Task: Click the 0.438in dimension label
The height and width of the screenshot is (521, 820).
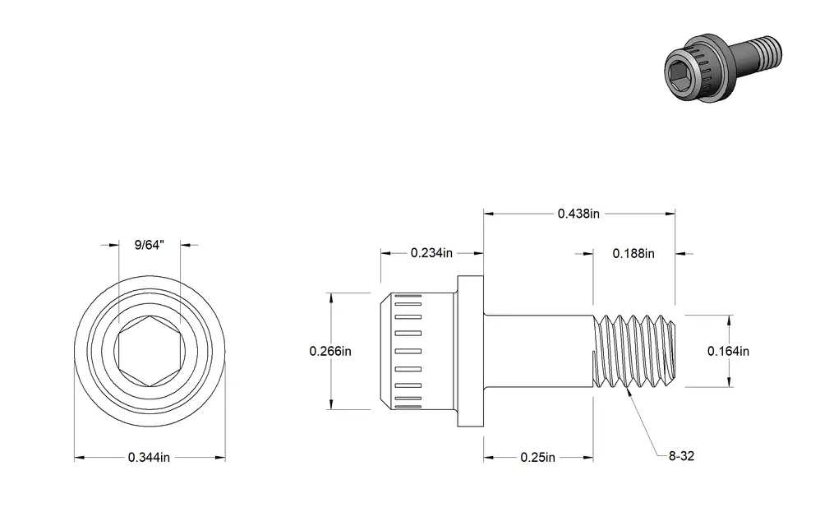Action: tap(578, 214)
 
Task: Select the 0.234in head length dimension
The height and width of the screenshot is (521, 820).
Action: tap(431, 253)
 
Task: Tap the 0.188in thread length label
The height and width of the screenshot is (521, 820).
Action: tap(633, 254)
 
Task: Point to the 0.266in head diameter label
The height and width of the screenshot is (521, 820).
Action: tap(330, 351)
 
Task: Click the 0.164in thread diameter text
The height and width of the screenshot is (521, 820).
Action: tap(728, 351)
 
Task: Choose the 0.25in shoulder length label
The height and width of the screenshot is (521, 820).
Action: tap(537, 458)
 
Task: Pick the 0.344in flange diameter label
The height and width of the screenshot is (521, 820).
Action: tap(149, 458)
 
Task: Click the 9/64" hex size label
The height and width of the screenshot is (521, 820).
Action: tap(150, 245)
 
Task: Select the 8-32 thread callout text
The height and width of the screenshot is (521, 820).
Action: tap(681, 456)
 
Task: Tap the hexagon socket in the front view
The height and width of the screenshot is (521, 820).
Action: tap(150, 351)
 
